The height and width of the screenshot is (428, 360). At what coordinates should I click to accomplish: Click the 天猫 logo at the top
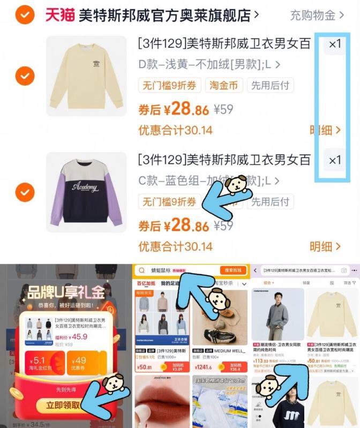59,15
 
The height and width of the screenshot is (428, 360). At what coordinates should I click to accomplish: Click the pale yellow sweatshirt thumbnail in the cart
86,76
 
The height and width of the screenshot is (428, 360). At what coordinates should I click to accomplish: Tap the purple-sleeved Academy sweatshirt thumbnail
86,192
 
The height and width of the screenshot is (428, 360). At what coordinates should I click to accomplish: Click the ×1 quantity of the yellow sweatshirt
335,44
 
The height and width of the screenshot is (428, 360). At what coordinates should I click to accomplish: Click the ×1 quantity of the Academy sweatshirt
335,160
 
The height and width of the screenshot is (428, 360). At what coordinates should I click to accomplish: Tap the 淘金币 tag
222,85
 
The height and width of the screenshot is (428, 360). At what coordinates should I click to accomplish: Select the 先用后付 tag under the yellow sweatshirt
271,85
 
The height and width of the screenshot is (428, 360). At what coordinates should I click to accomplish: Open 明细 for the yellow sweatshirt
325,130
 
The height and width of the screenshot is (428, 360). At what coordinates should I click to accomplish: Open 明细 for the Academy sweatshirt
325,246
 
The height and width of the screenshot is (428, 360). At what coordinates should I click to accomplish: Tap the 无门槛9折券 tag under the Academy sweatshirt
169,202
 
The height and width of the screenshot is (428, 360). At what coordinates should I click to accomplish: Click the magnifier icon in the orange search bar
142,271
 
